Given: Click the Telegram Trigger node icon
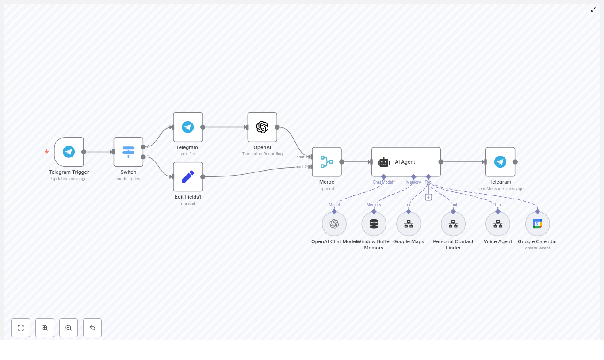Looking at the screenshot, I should pos(69,152).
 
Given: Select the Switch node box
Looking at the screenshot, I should pos(128,152).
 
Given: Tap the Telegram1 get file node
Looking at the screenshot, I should pos(188,127).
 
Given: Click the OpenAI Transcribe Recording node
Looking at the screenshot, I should pos(262,127).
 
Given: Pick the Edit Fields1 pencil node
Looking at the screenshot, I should pos(188,176).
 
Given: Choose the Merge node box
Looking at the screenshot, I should pos(327,162).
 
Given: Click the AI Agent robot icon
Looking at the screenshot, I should pos(384,162).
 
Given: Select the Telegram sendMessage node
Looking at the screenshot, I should pos(500,162).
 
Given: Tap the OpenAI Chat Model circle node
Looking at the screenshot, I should pos(334,224).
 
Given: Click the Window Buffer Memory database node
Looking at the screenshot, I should pos(374,224).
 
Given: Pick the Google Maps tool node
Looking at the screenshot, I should pos(409,224).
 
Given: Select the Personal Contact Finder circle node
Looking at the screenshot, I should pos(453,224).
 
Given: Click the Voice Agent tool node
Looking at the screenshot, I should pos(498,224).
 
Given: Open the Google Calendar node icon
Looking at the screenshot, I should pos(537,224).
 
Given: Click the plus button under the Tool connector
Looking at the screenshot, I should pos(428,197).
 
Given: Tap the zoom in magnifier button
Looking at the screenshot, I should pos(45,328).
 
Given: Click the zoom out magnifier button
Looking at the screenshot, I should pos(69,328).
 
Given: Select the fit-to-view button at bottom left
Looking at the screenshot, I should pos(21,328).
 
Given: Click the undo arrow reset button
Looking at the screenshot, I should pos(92,328).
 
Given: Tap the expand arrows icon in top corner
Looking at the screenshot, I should pos(594,9).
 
